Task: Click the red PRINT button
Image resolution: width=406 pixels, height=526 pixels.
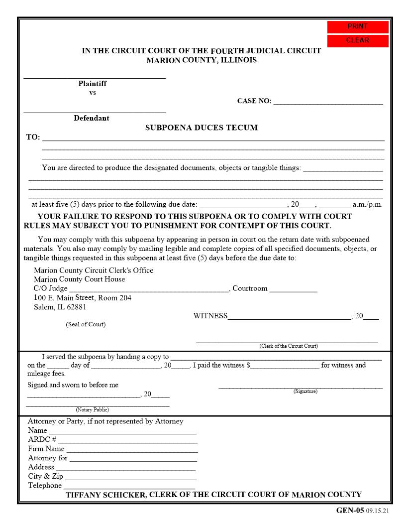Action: [357, 26]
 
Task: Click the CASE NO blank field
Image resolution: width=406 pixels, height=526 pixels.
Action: [328, 101]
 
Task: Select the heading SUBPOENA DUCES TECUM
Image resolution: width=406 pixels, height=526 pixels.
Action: [201, 128]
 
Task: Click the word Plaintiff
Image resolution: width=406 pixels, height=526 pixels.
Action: [92, 84]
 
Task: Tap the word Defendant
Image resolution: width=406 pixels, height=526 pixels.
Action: [92, 118]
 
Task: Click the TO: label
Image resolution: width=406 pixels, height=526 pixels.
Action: [33, 137]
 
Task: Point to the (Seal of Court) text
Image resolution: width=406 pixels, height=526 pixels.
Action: [86, 324]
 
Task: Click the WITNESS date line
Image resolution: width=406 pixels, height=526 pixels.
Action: [289, 316]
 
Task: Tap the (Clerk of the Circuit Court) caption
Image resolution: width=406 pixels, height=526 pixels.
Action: [288, 346]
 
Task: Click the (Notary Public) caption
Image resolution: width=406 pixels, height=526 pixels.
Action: [92, 409]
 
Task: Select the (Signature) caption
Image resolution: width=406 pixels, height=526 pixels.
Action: [305, 392]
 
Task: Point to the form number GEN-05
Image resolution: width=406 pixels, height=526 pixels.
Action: [350, 511]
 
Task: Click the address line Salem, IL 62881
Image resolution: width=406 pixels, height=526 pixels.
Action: [60, 307]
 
